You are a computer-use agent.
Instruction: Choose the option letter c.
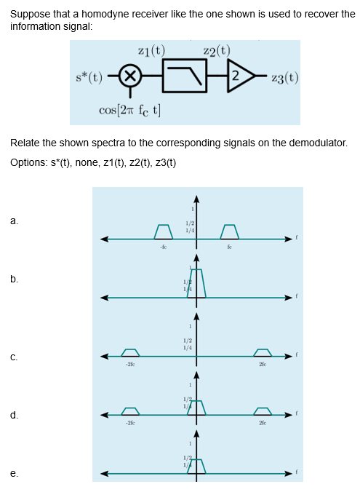[15, 357]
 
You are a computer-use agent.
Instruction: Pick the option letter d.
[15, 416]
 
